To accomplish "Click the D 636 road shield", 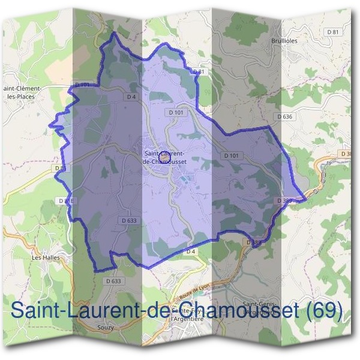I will click(x=284, y=116).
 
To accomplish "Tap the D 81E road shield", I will click(x=66, y=200).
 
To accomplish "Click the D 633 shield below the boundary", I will click(x=113, y=281).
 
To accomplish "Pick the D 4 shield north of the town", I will click(x=132, y=96).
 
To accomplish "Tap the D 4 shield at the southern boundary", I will click(x=191, y=251).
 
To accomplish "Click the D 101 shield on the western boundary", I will click(x=83, y=85).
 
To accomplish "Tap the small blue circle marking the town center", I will click(x=163, y=158).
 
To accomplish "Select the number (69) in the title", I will click(x=324, y=311).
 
